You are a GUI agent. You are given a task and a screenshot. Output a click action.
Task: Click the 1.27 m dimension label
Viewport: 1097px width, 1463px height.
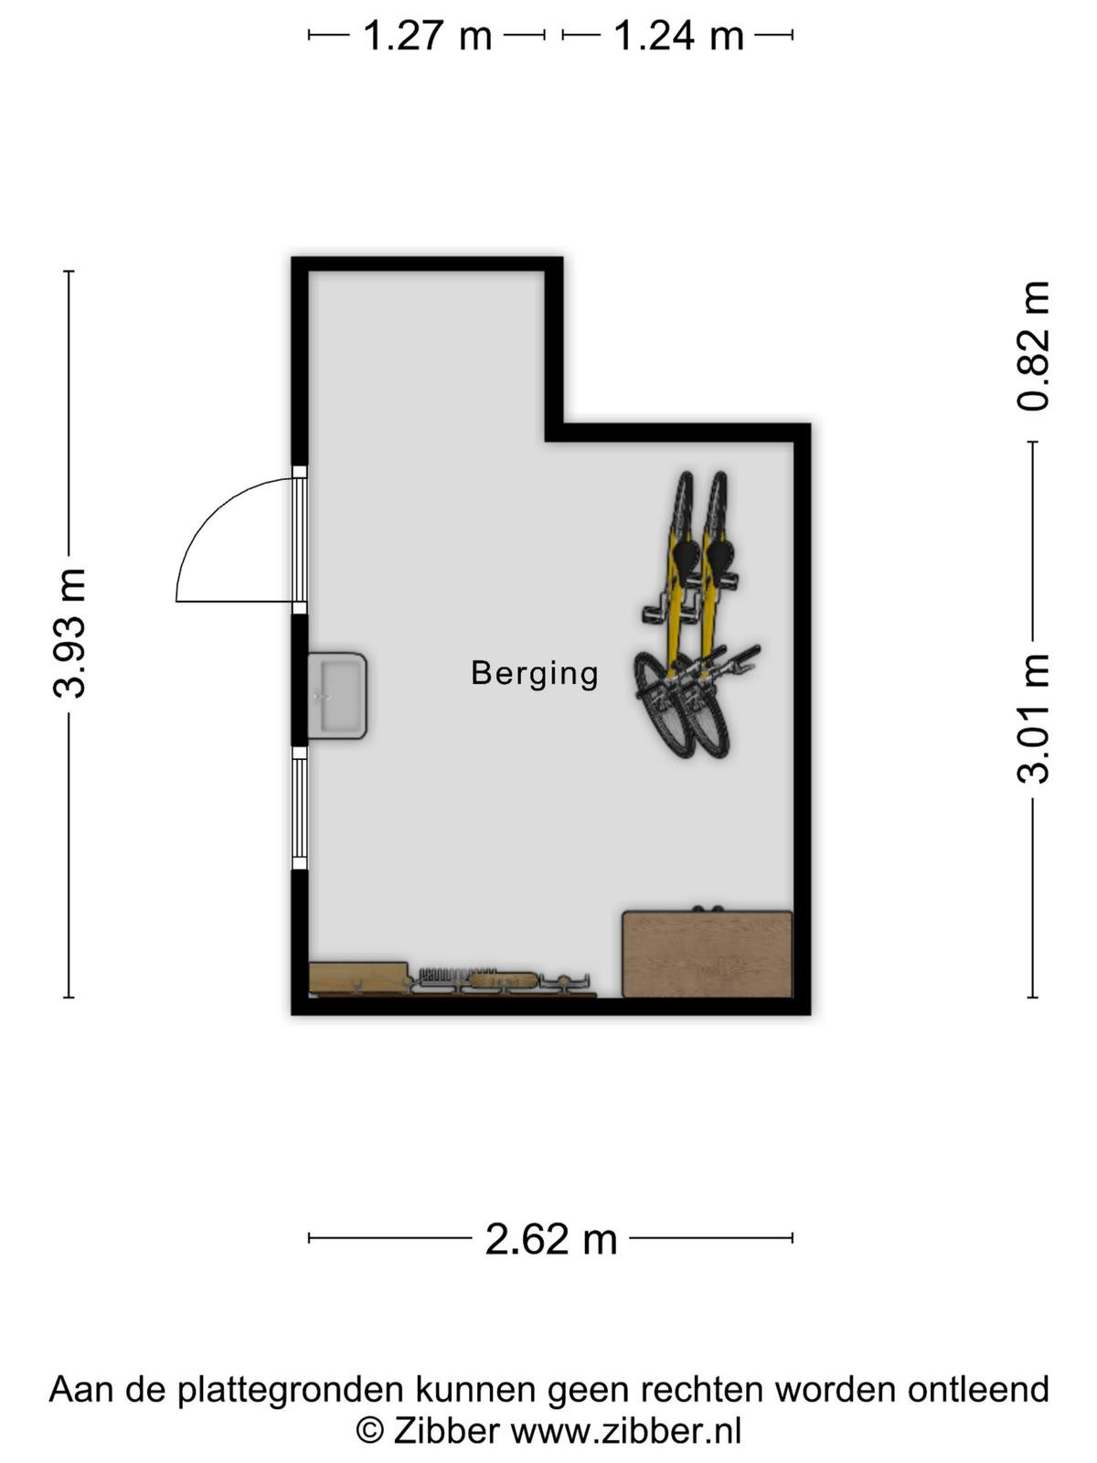pyautogui.click(x=427, y=36)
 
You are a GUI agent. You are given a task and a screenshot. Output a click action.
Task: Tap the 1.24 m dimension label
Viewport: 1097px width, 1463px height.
pyautogui.click(x=678, y=36)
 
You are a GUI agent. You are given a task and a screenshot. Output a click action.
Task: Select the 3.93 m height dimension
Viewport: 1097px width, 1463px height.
pyautogui.click(x=69, y=633)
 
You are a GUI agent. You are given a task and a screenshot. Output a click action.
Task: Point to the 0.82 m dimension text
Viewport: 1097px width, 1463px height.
pyautogui.click(x=1033, y=346)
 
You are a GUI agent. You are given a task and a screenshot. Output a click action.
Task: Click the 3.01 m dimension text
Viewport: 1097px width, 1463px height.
pyautogui.click(x=1033, y=719)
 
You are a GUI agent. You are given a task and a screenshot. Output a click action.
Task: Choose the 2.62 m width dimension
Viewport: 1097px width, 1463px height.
pyautogui.click(x=551, y=1239)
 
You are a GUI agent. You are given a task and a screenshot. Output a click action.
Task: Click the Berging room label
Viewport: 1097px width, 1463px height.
pyautogui.click(x=534, y=674)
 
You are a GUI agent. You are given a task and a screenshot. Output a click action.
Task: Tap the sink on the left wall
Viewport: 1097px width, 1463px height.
pyautogui.click(x=337, y=695)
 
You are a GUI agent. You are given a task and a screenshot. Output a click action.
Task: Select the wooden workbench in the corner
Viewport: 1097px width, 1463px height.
pyautogui.click(x=708, y=954)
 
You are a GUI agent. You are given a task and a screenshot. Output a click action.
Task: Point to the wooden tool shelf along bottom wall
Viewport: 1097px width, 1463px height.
pyautogui.click(x=453, y=980)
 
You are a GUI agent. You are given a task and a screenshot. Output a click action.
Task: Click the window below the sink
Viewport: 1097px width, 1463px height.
pyautogui.click(x=300, y=807)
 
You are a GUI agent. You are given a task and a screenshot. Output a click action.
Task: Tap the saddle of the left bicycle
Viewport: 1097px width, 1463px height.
pyautogui.click(x=685, y=551)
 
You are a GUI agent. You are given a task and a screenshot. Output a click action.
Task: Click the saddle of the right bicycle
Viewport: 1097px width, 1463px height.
pyautogui.click(x=720, y=552)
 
